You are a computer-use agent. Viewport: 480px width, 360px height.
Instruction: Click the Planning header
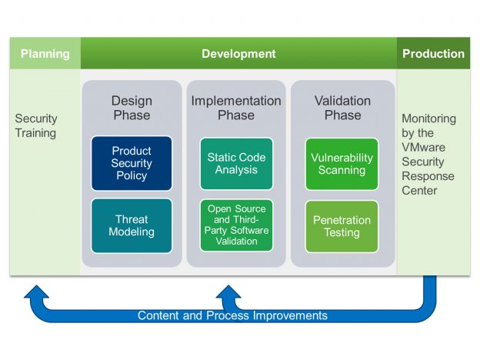point(45,54)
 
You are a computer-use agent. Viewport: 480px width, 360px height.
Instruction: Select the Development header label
point(238,54)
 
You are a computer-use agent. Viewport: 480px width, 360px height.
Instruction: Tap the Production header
point(433,54)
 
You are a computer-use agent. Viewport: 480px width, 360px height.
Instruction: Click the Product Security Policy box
point(132,163)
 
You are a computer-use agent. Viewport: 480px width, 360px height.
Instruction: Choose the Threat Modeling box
point(132,225)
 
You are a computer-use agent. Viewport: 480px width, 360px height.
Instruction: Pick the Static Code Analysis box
point(236,164)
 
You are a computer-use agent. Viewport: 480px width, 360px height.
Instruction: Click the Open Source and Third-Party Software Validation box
point(236,225)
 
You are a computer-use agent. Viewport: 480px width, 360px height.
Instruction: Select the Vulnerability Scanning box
point(342,164)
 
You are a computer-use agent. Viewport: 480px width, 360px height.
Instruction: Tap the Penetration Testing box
point(342,226)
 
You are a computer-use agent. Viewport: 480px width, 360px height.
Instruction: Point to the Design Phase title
point(132,108)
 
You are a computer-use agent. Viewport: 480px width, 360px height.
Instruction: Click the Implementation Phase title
point(236,108)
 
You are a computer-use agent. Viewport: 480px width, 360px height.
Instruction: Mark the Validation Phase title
point(342,108)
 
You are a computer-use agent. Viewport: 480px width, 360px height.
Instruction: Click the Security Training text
point(36,126)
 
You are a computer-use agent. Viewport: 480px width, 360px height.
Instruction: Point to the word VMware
point(423,147)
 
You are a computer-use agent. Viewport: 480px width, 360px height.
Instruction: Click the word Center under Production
point(419,191)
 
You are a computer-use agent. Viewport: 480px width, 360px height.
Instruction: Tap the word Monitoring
point(429,118)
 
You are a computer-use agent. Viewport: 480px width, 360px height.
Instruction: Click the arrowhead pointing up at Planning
point(36,292)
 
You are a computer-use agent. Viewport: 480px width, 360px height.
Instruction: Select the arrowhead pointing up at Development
point(228,292)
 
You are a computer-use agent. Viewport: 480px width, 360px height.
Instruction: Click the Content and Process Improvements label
point(232,315)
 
